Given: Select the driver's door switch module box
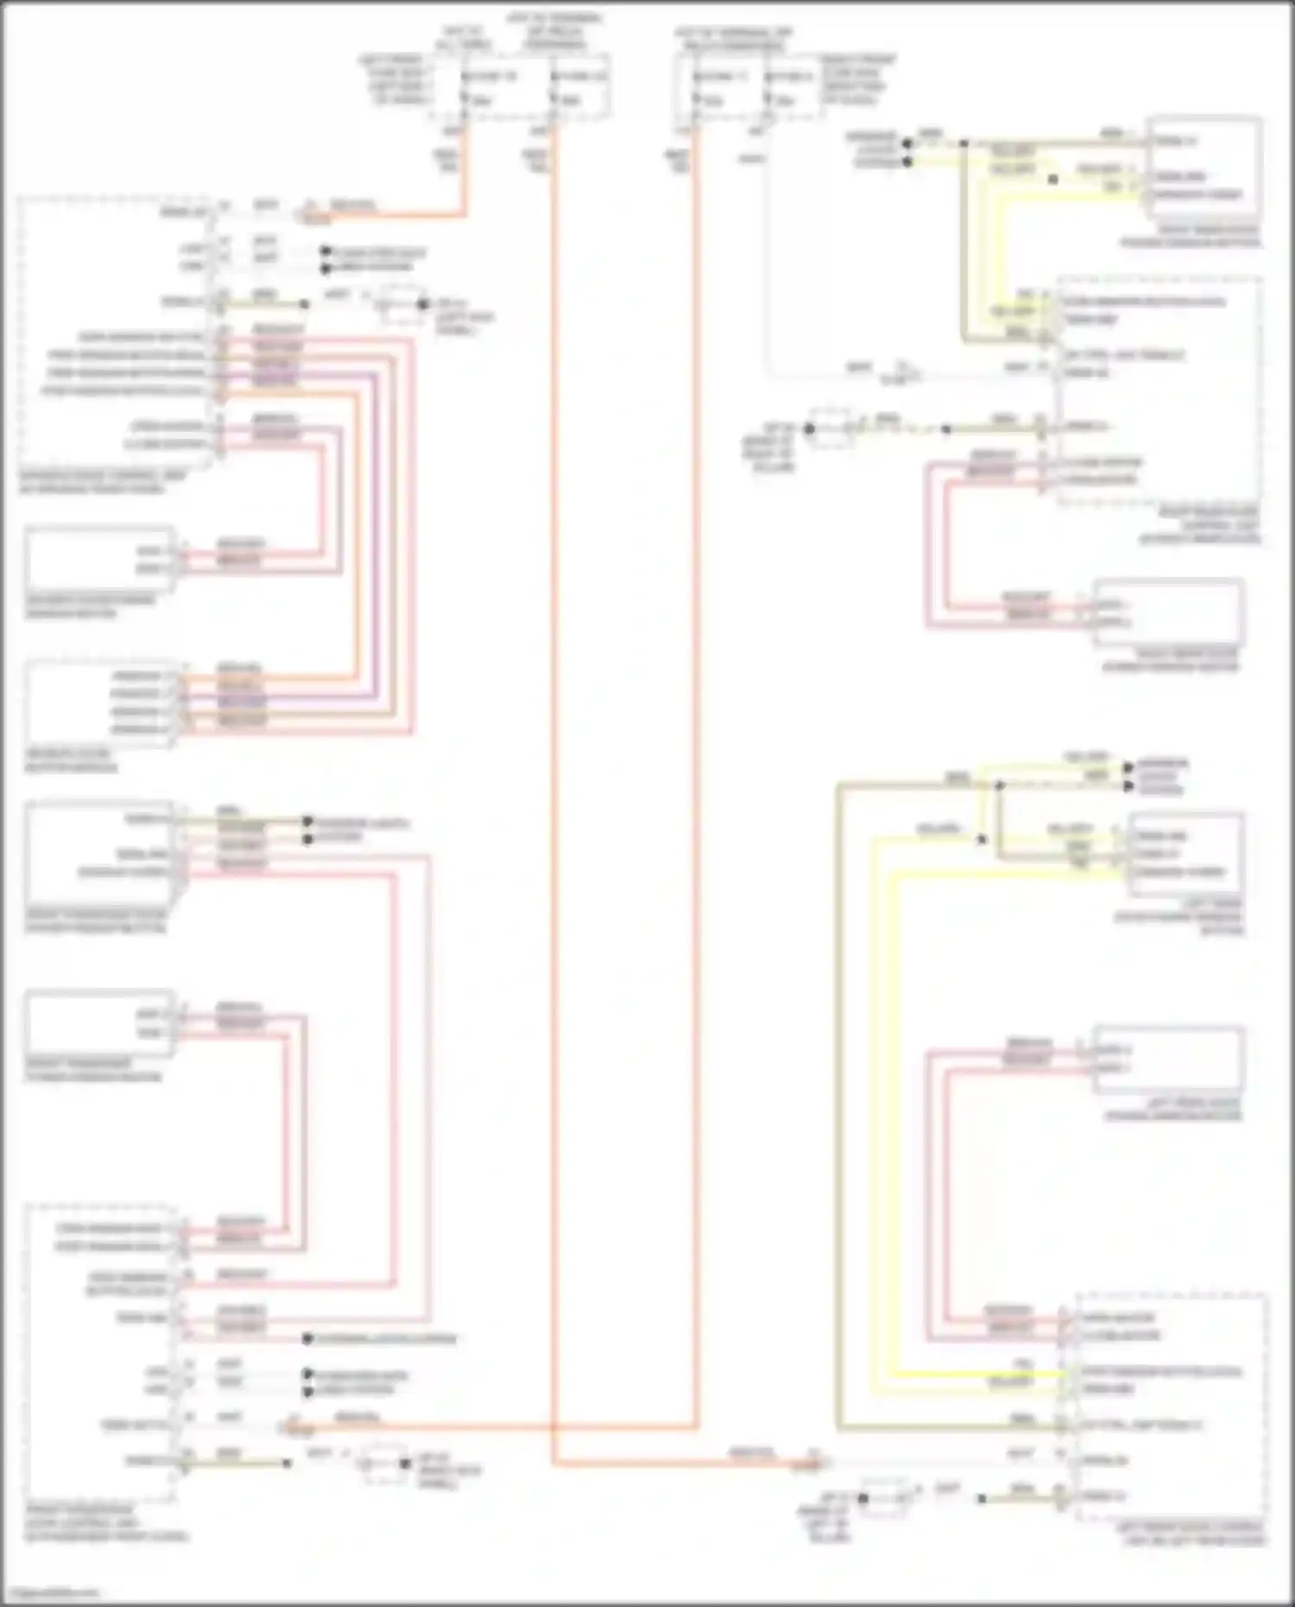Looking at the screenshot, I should coord(99,703).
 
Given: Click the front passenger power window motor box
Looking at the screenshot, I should coord(99,1023).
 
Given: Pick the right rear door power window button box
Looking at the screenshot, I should coord(1203,168).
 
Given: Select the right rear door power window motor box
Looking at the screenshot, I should coord(1169,612).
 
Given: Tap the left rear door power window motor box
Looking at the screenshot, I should coord(1169,1060).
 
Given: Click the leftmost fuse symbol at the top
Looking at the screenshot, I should coord(464,89).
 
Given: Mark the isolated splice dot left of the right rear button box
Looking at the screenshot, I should coord(1052,180).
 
